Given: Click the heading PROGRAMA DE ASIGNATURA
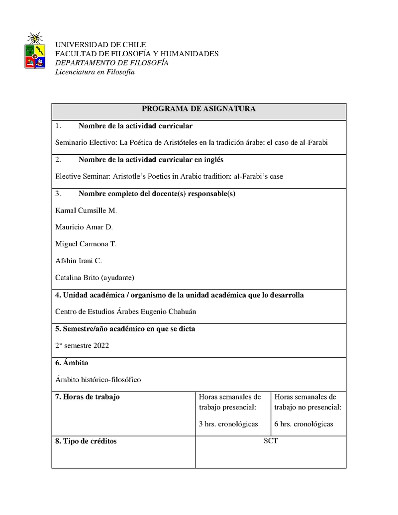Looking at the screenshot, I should (199, 109).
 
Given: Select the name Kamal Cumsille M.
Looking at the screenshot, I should (86, 210).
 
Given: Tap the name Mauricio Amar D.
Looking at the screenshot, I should (84, 227).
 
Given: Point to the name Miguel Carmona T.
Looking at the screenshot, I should (86, 244).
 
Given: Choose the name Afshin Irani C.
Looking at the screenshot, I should (78, 261).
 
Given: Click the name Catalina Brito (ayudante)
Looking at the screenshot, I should (95, 277).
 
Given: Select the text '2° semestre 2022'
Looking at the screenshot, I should (82, 345).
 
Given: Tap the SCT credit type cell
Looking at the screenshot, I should (271, 441).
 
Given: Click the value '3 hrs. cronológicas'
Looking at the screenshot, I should (228, 424).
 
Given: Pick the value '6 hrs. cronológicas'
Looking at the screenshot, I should (303, 424).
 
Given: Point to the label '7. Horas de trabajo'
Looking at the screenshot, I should (87, 397).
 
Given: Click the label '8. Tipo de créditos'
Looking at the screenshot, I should (86, 441).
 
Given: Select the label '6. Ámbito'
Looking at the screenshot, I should (72, 363).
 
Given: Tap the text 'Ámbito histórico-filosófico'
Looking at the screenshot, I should (98, 380).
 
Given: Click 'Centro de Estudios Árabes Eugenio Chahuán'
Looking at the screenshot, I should (122, 312).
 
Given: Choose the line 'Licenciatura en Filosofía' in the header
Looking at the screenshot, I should (95, 72).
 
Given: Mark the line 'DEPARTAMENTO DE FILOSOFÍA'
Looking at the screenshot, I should (111, 63).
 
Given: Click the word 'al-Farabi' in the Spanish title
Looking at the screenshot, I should (313, 142).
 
